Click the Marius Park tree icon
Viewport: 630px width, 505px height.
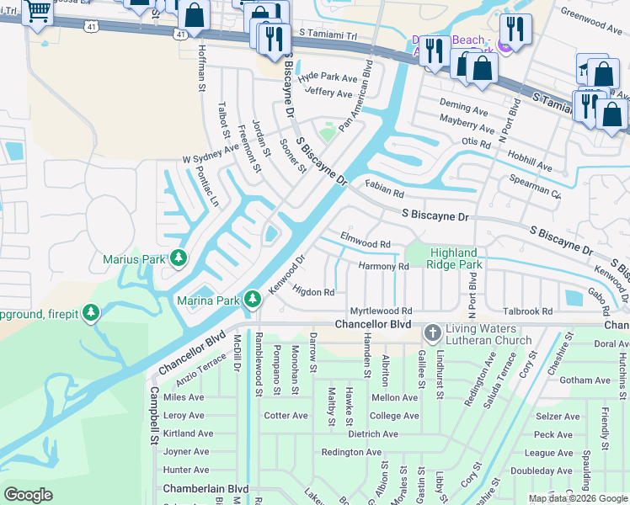point(178,259)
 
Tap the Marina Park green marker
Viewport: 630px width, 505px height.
point(252,299)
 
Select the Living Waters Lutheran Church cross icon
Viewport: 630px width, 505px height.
point(433,333)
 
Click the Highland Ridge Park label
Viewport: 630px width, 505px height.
point(455,258)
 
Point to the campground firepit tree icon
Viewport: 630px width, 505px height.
point(91,314)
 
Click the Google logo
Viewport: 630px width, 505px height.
point(28,494)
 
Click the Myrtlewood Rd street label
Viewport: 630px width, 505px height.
point(381,311)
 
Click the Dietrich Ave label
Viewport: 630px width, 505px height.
point(372,434)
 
